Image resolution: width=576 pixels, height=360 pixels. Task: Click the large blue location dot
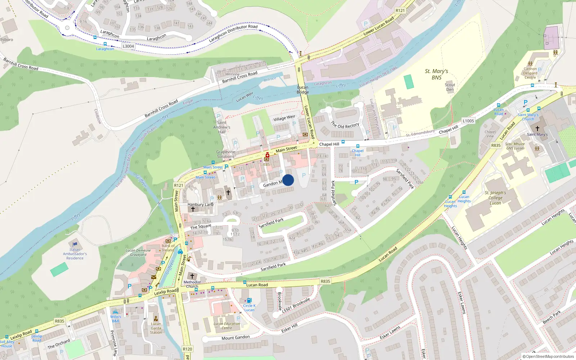point(288,180)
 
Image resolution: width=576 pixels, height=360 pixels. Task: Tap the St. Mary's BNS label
point(436,75)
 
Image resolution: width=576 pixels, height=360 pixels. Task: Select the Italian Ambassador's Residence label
point(75,254)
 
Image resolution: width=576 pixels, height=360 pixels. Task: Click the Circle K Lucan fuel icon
point(249,300)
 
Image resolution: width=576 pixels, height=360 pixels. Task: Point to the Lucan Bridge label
point(303,90)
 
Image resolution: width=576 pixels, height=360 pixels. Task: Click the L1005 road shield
point(468,121)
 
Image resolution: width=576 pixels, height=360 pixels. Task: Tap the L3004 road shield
point(128,46)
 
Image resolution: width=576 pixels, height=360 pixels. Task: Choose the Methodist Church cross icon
point(192,276)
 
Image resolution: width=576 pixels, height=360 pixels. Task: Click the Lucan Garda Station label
point(156,328)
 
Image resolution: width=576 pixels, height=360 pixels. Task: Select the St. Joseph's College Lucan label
point(495,198)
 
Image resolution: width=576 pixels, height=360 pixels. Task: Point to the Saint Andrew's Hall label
point(222,127)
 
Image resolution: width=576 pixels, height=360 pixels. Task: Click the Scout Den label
point(450,87)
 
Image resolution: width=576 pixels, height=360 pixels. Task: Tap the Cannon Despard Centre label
point(530,73)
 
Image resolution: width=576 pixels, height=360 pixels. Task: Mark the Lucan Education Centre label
point(227,326)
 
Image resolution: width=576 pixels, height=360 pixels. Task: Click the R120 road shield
point(187,349)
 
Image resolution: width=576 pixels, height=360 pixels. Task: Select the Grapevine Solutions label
point(226,154)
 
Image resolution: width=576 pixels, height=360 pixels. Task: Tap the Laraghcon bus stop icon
point(105,44)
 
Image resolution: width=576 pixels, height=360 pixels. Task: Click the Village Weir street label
point(284,118)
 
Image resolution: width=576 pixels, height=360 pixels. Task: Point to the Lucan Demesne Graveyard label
point(138,252)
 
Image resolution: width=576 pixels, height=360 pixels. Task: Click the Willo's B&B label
point(116,319)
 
